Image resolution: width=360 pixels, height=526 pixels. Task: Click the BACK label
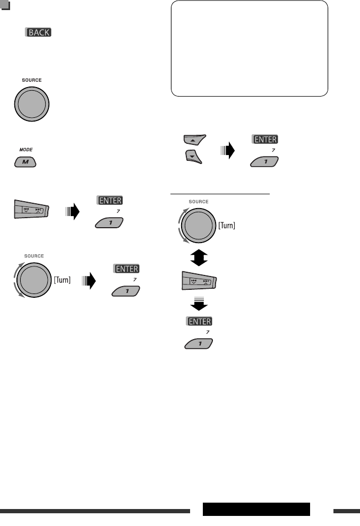[38, 32]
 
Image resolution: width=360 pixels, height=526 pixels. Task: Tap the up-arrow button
[193, 141]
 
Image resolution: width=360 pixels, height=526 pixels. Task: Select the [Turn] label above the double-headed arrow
[227, 225]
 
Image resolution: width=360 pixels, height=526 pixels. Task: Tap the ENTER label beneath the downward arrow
[199, 322]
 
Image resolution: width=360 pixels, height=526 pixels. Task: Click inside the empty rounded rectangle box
[250, 48]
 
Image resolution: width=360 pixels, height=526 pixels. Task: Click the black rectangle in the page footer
[256, 509]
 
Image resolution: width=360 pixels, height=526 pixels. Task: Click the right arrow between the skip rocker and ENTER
[72, 212]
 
